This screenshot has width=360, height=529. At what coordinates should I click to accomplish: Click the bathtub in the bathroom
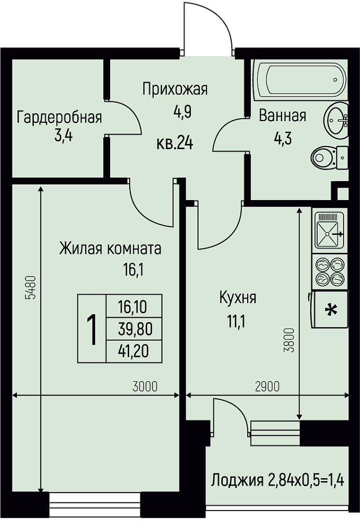tap(300, 80)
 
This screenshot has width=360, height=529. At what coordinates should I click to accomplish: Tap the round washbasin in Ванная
tap(336, 120)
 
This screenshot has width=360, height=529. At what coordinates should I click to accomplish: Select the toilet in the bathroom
tap(329, 158)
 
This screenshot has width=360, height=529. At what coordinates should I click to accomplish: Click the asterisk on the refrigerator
tap(331, 310)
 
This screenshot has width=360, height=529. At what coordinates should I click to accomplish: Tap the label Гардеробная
tap(59, 118)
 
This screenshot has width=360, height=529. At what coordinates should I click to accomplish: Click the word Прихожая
tap(175, 89)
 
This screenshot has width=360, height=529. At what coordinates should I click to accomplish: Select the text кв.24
tap(175, 144)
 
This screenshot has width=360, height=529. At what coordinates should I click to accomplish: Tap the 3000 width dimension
tap(145, 387)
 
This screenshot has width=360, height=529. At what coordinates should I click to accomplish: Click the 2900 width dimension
tap(267, 387)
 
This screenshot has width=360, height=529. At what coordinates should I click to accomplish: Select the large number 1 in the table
tap(92, 329)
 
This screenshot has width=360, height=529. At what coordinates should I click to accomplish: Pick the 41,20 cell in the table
tap(134, 352)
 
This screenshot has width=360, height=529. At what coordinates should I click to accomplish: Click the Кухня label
tap(238, 298)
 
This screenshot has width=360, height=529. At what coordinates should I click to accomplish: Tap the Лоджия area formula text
tap(277, 480)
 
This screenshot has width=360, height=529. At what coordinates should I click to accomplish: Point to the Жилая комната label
tap(110, 249)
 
